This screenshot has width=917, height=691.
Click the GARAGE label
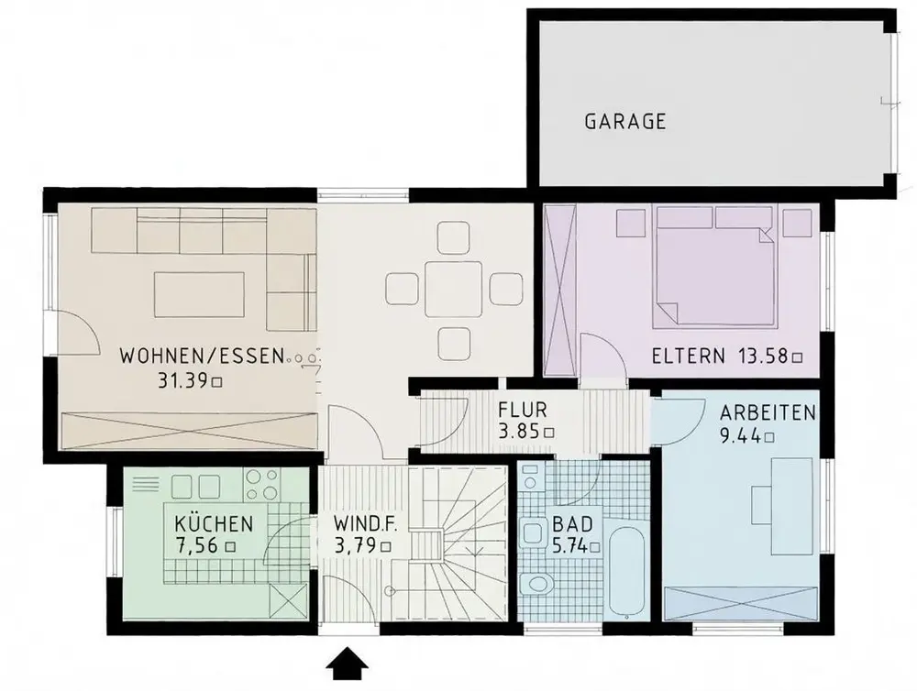point(625,121)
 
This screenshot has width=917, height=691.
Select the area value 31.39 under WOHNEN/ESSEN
point(183,381)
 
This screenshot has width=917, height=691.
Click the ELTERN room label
point(689,356)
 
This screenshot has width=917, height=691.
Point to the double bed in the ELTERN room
point(714,266)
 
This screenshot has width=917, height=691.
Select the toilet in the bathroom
point(536,584)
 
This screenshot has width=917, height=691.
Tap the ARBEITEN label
point(768,412)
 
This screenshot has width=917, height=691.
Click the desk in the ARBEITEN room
point(792,506)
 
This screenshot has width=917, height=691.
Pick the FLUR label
point(523,410)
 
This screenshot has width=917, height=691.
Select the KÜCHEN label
point(214,522)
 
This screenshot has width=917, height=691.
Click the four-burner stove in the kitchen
point(263,485)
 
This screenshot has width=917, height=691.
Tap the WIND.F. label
point(366,524)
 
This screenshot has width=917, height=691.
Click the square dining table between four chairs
point(453,289)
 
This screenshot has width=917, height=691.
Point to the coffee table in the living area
point(199,294)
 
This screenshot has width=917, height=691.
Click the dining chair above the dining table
point(453,236)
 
